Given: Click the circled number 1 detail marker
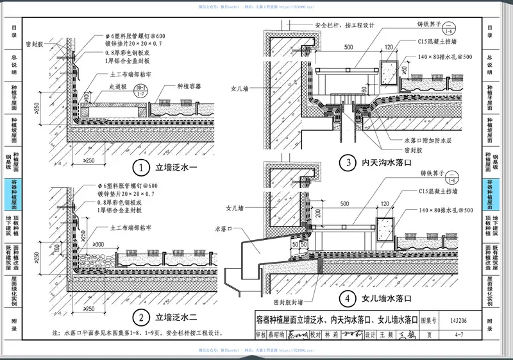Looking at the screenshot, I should (140, 169).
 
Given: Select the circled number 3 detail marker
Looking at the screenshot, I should (347, 162).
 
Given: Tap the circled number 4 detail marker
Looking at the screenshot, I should (348, 298).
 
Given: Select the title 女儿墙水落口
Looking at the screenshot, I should (385, 298).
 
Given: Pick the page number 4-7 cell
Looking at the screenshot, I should (459, 334).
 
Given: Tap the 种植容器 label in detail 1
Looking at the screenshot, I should (188, 85).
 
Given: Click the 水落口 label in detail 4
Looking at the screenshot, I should (222, 228).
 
